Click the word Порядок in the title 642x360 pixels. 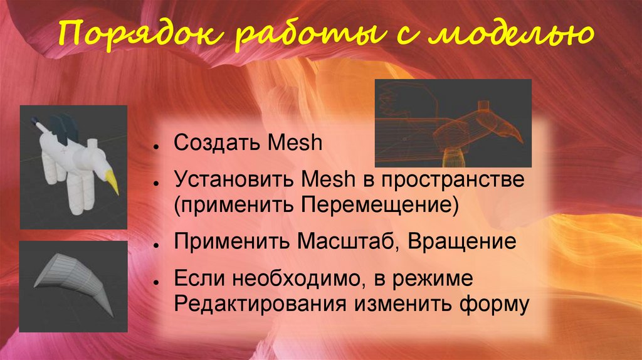[111, 37]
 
